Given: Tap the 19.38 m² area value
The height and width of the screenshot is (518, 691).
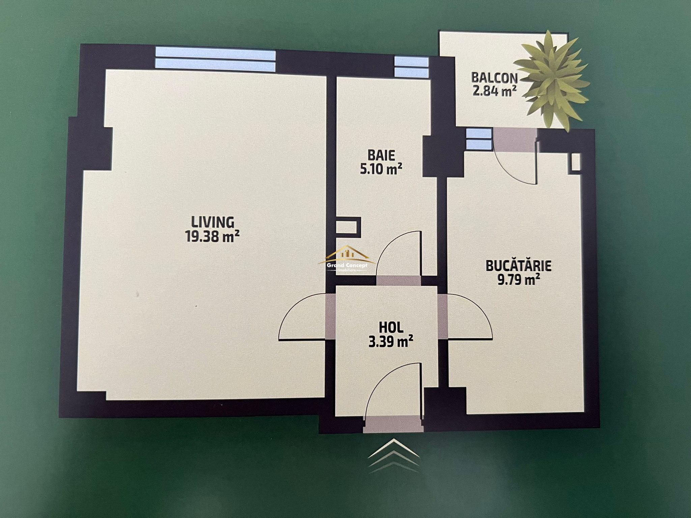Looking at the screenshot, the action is pyautogui.click(x=213, y=236).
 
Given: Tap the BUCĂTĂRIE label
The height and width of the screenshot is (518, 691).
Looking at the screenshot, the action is pyautogui.click(x=519, y=266).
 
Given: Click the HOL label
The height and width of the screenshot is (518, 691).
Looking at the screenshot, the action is pyautogui.click(x=391, y=328).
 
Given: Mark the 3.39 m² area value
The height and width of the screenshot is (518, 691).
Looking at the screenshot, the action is pyautogui.click(x=391, y=342).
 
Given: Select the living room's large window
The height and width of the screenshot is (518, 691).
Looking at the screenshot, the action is pyautogui.click(x=215, y=60).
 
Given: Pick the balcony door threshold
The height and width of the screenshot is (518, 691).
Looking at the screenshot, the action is pyautogui.click(x=515, y=140).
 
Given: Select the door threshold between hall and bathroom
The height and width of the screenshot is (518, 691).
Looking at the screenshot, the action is pyautogui.click(x=398, y=281).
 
